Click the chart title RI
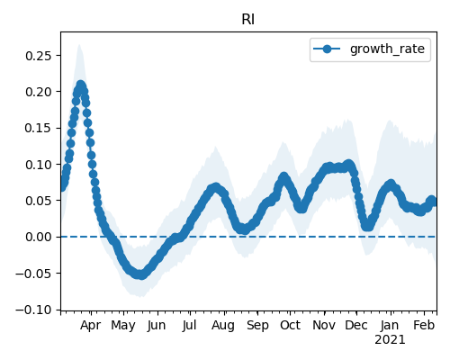tap(248, 20)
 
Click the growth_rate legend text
tap(387, 49)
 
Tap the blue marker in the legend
tap(327, 49)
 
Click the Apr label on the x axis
tap(91, 326)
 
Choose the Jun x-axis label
tap(157, 326)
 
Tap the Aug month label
tap(223, 326)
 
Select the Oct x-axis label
tap(290, 326)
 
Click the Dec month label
tap(356, 326)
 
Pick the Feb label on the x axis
tap(424, 326)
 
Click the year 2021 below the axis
tap(390, 340)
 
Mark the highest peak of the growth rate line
tap(80, 85)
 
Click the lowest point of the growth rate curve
tap(141, 274)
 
